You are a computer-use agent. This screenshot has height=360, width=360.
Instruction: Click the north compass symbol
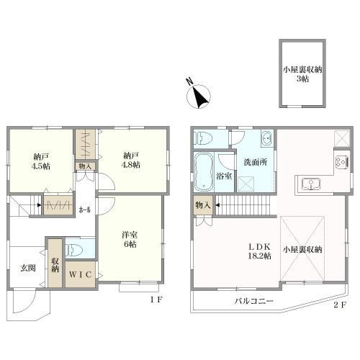coord(199,96)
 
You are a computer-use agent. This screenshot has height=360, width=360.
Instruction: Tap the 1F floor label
coord(156,300)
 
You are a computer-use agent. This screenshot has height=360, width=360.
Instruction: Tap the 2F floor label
coord(340,305)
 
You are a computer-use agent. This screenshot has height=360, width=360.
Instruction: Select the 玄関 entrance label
coord(28,268)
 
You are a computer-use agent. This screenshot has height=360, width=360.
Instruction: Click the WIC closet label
coord(81,274)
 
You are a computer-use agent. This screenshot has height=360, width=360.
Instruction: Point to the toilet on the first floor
coord(74,250)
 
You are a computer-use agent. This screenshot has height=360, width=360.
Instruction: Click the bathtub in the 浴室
coord(204,172)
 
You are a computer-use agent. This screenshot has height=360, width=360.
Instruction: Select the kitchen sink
coord(311,184)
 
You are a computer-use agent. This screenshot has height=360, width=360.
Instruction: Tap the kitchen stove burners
coord(342,161)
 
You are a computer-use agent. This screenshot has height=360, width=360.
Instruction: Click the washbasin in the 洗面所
coord(267,139)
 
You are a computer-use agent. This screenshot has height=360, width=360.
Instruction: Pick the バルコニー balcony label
coord(254,301)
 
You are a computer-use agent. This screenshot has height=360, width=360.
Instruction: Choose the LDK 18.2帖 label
coord(259,251)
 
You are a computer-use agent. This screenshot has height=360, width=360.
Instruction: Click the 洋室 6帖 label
coord(130,240)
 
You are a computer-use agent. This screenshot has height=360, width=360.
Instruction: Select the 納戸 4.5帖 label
coord(42,161)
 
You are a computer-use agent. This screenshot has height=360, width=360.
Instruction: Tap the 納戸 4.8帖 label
coord(131,160)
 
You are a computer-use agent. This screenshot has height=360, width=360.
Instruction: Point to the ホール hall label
coord(85,210)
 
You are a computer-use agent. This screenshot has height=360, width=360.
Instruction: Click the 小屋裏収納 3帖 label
coord(302,74)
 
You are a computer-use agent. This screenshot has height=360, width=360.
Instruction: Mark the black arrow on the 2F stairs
coord(217,205)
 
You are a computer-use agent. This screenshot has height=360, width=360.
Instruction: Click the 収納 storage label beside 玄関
coord(55,265)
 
